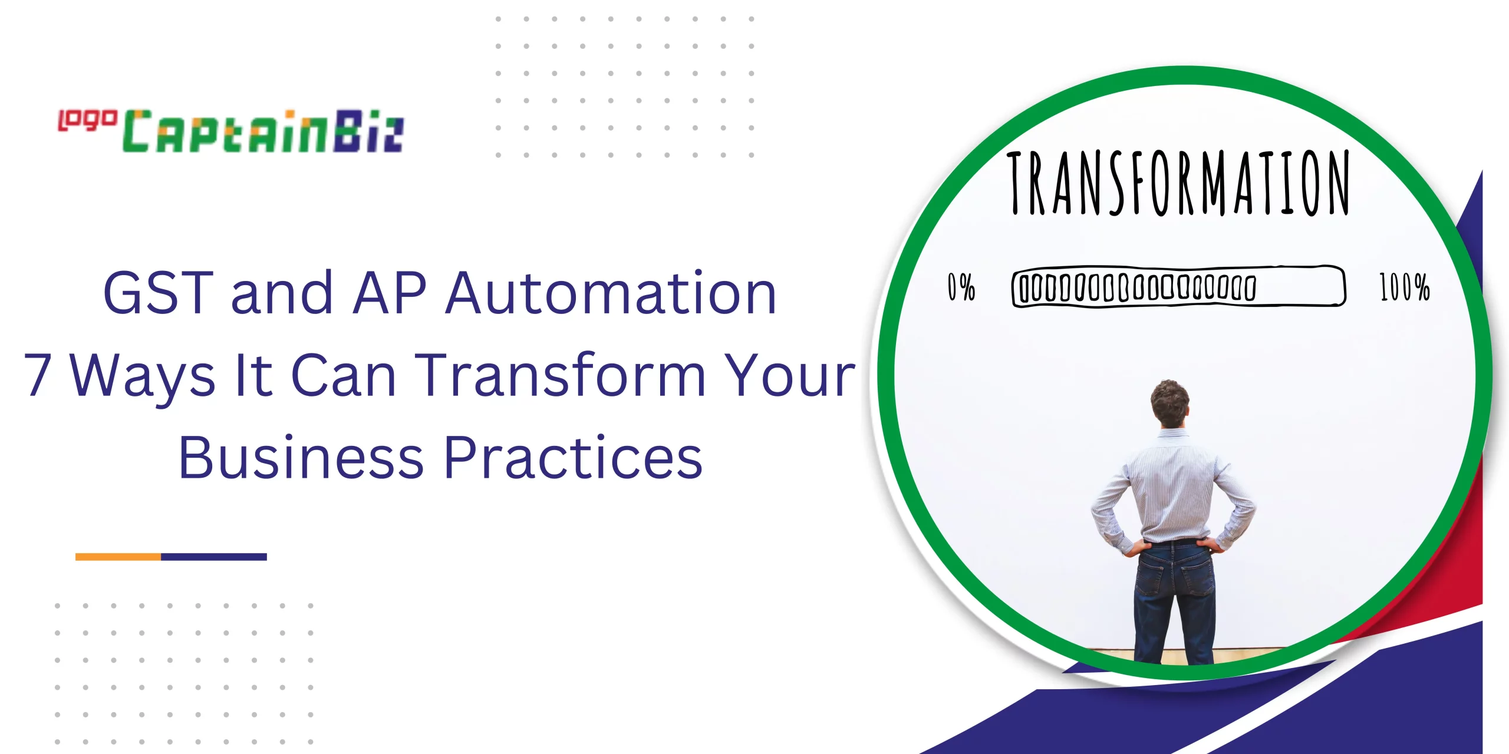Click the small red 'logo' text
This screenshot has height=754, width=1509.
(x=87, y=121)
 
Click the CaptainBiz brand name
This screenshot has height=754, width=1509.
(x=263, y=131)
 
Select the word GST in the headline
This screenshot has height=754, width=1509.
(x=158, y=292)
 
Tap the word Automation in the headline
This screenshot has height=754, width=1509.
(x=611, y=292)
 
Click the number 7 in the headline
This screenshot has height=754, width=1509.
(x=38, y=374)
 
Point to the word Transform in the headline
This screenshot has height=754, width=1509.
(x=560, y=374)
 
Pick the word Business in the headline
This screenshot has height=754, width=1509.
(x=301, y=457)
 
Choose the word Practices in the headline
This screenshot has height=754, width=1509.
(x=573, y=457)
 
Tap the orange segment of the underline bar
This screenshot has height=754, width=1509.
(x=118, y=557)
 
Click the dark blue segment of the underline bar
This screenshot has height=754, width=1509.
(x=214, y=557)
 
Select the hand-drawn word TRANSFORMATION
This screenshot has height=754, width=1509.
(x=1178, y=183)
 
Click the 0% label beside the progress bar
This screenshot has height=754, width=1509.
(x=961, y=287)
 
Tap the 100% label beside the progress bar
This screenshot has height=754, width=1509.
(x=1405, y=287)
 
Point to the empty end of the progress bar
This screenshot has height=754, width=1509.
(x=1300, y=286)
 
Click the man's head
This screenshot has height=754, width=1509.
(x=1170, y=402)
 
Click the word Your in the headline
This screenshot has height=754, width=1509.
(x=789, y=374)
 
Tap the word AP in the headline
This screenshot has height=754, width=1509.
(x=390, y=292)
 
